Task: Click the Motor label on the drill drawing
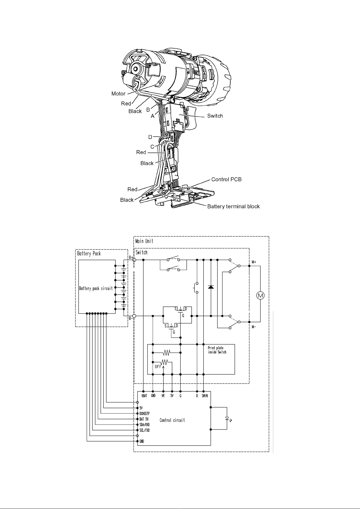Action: coord(118,94)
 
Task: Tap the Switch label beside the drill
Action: coord(215,116)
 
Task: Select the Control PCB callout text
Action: coord(226,179)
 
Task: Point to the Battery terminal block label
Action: coord(233,206)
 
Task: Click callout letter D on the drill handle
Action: coord(150,137)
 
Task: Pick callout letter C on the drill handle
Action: coord(152,147)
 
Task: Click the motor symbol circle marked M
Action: coord(260,295)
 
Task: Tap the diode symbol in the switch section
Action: coord(211,287)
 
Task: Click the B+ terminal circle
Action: coord(134,260)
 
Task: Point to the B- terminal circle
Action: coord(134,316)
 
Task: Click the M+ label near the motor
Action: coord(254,262)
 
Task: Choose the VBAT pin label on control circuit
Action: coord(144,396)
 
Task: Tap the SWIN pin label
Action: coord(205,396)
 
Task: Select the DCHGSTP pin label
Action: coord(144,413)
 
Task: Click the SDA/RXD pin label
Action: coord(144,424)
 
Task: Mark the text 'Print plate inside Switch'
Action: coord(217,350)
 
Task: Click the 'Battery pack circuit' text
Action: coord(96,288)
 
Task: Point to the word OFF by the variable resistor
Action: coord(158,367)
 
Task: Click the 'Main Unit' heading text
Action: coord(144,241)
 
